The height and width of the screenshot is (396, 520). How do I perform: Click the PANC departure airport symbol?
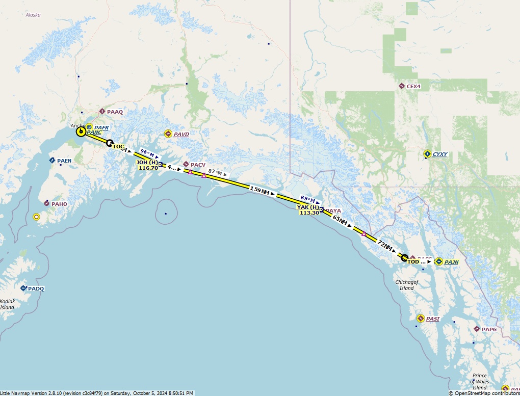pyautogui.click(x=81, y=132)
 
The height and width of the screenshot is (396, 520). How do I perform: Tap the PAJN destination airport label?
pyautogui.click(x=451, y=262)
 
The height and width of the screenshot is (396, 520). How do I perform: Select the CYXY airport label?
pyautogui.click(x=439, y=154)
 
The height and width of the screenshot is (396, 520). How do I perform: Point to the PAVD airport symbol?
pyautogui.click(x=168, y=134)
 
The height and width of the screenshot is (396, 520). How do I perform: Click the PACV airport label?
pyautogui.click(x=198, y=165)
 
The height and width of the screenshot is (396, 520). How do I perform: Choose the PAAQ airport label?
pyautogui.click(x=115, y=112)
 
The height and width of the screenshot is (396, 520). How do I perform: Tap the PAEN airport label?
pyautogui.click(x=64, y=161)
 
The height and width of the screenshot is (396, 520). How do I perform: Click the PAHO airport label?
pyautogui.click(x=59, y=204)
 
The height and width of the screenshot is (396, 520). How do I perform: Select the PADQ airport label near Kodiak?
pyautogui.click(x=36, y=288)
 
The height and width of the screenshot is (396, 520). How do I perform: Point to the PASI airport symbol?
pyautogui.click(x=421, y=319)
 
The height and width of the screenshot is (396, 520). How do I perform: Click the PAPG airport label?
pyautogui.click(x=488, y=329)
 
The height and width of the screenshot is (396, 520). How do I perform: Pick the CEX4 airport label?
pyautogui.click(x=413, y=86)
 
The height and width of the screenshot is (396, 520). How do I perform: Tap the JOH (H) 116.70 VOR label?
pyautogui.click(x=147, y=165)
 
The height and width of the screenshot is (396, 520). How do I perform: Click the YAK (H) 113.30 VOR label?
pyautogui.click(x=308, y=210)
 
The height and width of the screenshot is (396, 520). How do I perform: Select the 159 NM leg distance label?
pyautogui.click(x=260, y=191)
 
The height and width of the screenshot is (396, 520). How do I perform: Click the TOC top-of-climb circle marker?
pyautogui.click(x=109, y=143)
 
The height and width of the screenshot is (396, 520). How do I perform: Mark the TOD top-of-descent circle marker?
pyautogui.click(x=404, y=257)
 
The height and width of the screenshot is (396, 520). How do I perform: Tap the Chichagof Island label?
pyautogui.click(x=406, y=285)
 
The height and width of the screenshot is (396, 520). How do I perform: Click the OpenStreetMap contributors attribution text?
pyautogui.click(x=484, y=393)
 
